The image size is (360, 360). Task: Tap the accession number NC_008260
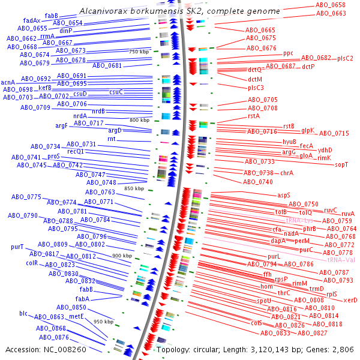click(61, 349)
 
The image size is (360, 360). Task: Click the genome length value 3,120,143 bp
click(271, 349)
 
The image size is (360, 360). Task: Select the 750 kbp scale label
click(139, 51)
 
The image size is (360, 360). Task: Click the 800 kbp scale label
click(139, 121)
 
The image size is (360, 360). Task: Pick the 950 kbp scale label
click(104, 322)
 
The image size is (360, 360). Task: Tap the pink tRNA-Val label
click(341, 260)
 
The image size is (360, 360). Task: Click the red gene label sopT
click(341, 164)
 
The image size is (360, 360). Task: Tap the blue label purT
click(17, 247)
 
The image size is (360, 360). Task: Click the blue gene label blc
click(23, 313)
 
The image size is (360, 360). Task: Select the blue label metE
click(76, 316)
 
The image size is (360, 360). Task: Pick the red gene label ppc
click(288, 53)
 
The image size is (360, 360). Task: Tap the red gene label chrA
click(287, 173)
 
